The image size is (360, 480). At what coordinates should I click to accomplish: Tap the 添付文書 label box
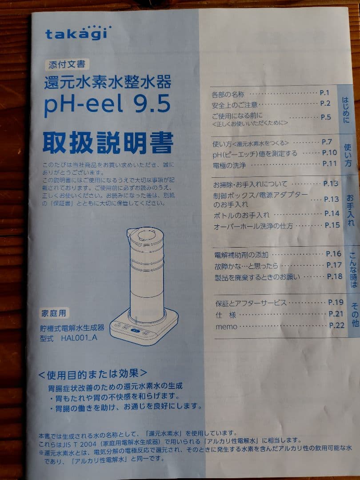pyautogui.click(x=66, y=64)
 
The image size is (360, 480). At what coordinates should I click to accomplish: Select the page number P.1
pyautogui.click(x=324, y=93)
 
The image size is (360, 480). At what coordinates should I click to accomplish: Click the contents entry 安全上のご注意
pyautogui.click(x=235, y=105)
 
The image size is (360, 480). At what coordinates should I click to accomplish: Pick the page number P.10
pyautogui.click(x=329, y=153)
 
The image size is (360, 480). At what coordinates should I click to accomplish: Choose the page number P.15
pyautogui.click(x=332, y=225)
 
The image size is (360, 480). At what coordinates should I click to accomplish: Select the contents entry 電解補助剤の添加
pyautogui.click(x=241, y=255)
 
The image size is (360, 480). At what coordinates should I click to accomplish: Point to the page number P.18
pyautogui.click(x=335, y=276)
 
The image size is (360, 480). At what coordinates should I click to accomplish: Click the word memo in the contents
pyautogui.click(x=226, y=327)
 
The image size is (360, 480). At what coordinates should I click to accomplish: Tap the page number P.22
pyautogui.click(x=337, y=325)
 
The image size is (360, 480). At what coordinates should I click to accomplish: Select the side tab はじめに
pyautogui.click(x=345, y=110)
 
